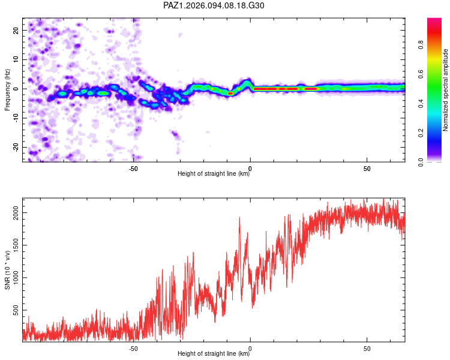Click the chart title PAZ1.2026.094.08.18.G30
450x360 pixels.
click(x=214, y=5)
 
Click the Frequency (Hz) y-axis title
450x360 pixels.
click(x=7, y=90)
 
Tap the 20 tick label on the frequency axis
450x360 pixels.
click(x=16, y=30)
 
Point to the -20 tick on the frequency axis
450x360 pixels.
click(x=16, y=147)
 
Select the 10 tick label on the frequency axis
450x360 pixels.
click(x=16, y=59)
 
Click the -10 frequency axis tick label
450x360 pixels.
click(x=16, y=118)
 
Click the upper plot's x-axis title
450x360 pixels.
click(x=214, y=173)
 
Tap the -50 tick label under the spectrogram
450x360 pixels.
click(x=133, y=169)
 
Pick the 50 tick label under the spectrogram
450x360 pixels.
click(x=367, y=169)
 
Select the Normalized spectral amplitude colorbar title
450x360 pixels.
click(x=445, y=90)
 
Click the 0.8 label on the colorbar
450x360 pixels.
click(x=421, y=45)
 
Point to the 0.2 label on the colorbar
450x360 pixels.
click(x=421, y=133)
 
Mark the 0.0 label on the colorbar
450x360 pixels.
click(x=421, y=163)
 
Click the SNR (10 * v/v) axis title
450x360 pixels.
click(x=7, y=270)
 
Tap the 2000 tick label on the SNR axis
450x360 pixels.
click(x=16, y=213)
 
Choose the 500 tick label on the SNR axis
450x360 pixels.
click(x=16, y=310)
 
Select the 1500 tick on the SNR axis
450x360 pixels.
click(x=16, y=245)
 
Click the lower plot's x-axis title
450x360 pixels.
click(x=214, y=353)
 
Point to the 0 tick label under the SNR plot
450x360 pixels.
click(x=250, y=349)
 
